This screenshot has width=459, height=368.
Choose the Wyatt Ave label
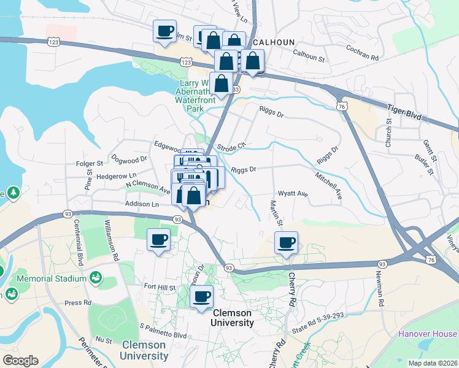[293, 193]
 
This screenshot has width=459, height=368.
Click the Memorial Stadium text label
[52, 279]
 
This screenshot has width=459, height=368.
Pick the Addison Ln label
[142, 204]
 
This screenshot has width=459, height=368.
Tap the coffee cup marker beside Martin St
[286, 243]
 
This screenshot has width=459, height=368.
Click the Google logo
[20, 361]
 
